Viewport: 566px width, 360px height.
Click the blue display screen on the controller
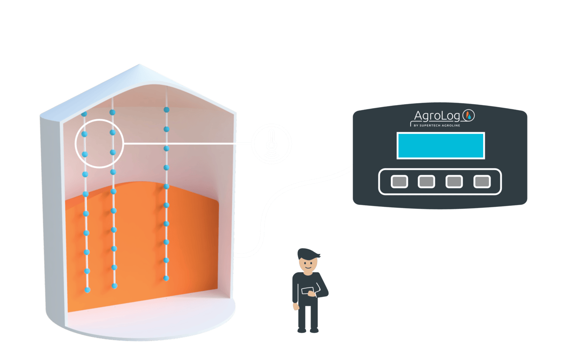pyautogui.click(x=440, y=146)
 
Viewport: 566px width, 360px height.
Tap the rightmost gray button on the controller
pyautogui.click(x=482, y=182)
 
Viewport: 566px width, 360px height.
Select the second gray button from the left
pyautogui.click(x=426, y=182)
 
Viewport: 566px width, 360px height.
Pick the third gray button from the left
pyautogui.click(x=454, y=182)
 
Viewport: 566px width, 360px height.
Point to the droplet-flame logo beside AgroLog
pyautogui.click(x=470, y=115)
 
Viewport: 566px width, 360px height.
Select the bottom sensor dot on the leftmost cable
pyautogui.click(x=88, y=290)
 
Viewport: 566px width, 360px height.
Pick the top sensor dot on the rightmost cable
pyautogui.click(x=166, y=110)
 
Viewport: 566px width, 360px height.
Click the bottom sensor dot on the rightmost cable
pyautogui.click(x=166, y=278)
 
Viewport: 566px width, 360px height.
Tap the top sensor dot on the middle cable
pyautogui.click(x=112, y=112)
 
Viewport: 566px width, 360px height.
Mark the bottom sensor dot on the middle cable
pyautogui.click(x=114, y=286)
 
